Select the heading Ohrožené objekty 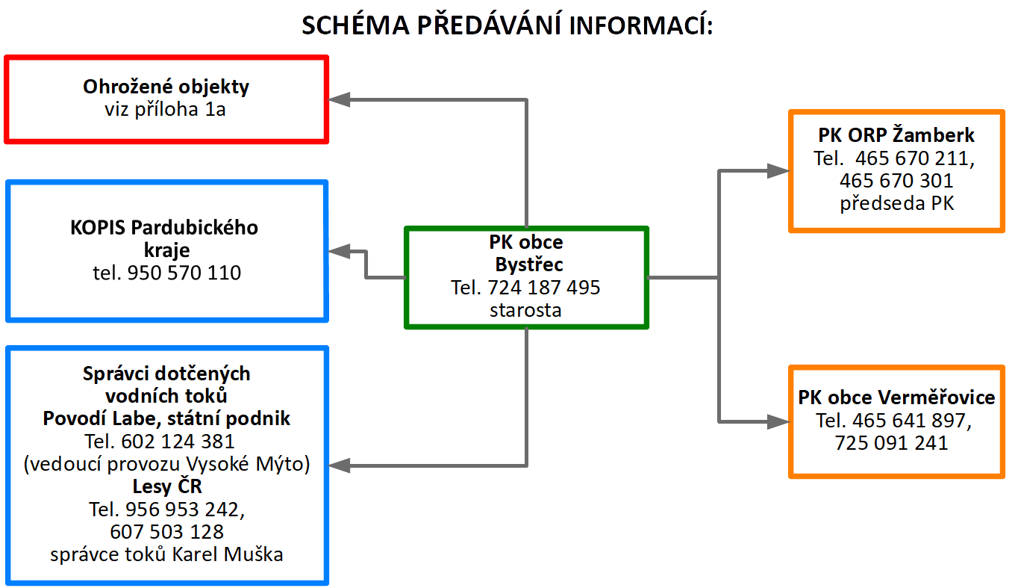[166, 87]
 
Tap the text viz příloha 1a [165, 109]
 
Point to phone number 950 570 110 [184, 273]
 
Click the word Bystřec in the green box [529, 264]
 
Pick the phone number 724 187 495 [544, 287]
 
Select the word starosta [525, 310]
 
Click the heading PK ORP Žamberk [896, 134]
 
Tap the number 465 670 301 [896, 181]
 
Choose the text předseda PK [897, 204]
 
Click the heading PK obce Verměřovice [896, 397]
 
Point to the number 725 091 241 [891, 443]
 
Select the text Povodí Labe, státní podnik [166, 418]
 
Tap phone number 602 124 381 [178, 442]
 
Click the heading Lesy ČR [167, 486]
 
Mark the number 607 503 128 [166, 532]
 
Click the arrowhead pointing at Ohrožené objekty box [339, 99]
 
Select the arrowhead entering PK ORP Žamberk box [778, 171]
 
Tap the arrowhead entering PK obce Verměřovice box [778, 421]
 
